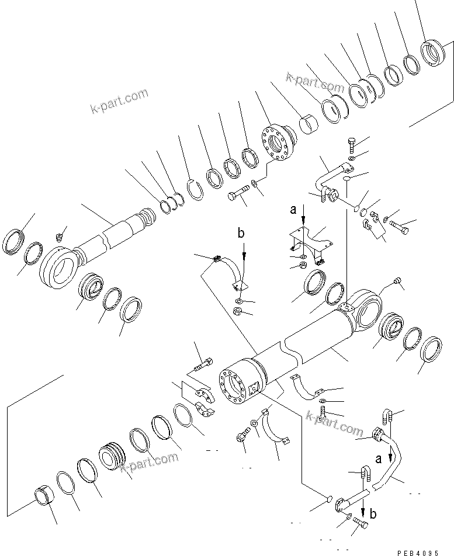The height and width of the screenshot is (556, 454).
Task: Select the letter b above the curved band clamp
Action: [x=241, y=234]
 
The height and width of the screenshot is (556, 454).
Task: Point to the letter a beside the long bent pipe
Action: [x=378, y=459]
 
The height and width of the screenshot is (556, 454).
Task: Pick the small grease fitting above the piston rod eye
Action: [x=59, y=237]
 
